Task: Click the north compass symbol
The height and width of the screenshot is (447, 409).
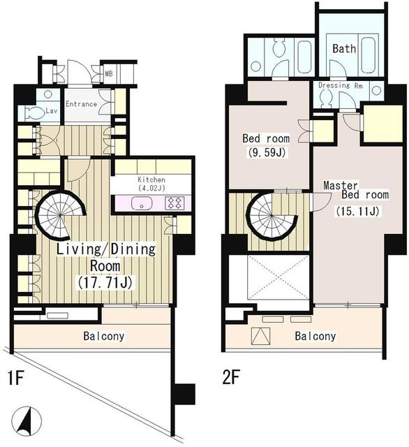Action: click(27, 420)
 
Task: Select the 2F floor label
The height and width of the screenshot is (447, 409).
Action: click(231, 377)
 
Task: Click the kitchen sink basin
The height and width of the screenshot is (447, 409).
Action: click(142, 203)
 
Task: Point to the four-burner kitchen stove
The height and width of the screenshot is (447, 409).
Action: click(174, 203)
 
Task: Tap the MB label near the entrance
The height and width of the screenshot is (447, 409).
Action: click(109, 74)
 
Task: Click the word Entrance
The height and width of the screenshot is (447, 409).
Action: click(82, 104)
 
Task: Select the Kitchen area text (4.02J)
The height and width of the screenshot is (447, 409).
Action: click(151, 188)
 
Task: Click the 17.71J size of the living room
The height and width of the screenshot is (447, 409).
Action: click(105, 283)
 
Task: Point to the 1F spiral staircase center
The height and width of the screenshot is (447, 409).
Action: click(61, 216)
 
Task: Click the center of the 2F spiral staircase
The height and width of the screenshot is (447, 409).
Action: click(272, 216)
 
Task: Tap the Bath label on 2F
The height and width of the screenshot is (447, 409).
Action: click(344, 49)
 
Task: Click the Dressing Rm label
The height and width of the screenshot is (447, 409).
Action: click(341, 85)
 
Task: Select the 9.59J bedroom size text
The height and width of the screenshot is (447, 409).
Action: click(267, 153)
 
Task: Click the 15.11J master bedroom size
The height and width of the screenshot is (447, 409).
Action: click(357, 212)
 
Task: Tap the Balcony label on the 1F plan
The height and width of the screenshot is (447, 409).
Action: click(104, 336)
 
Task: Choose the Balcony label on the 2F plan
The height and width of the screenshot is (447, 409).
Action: click(315, 336)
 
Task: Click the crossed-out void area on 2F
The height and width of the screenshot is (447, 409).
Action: click(278, 277)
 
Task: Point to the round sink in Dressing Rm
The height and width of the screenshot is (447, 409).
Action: click(376, 91)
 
